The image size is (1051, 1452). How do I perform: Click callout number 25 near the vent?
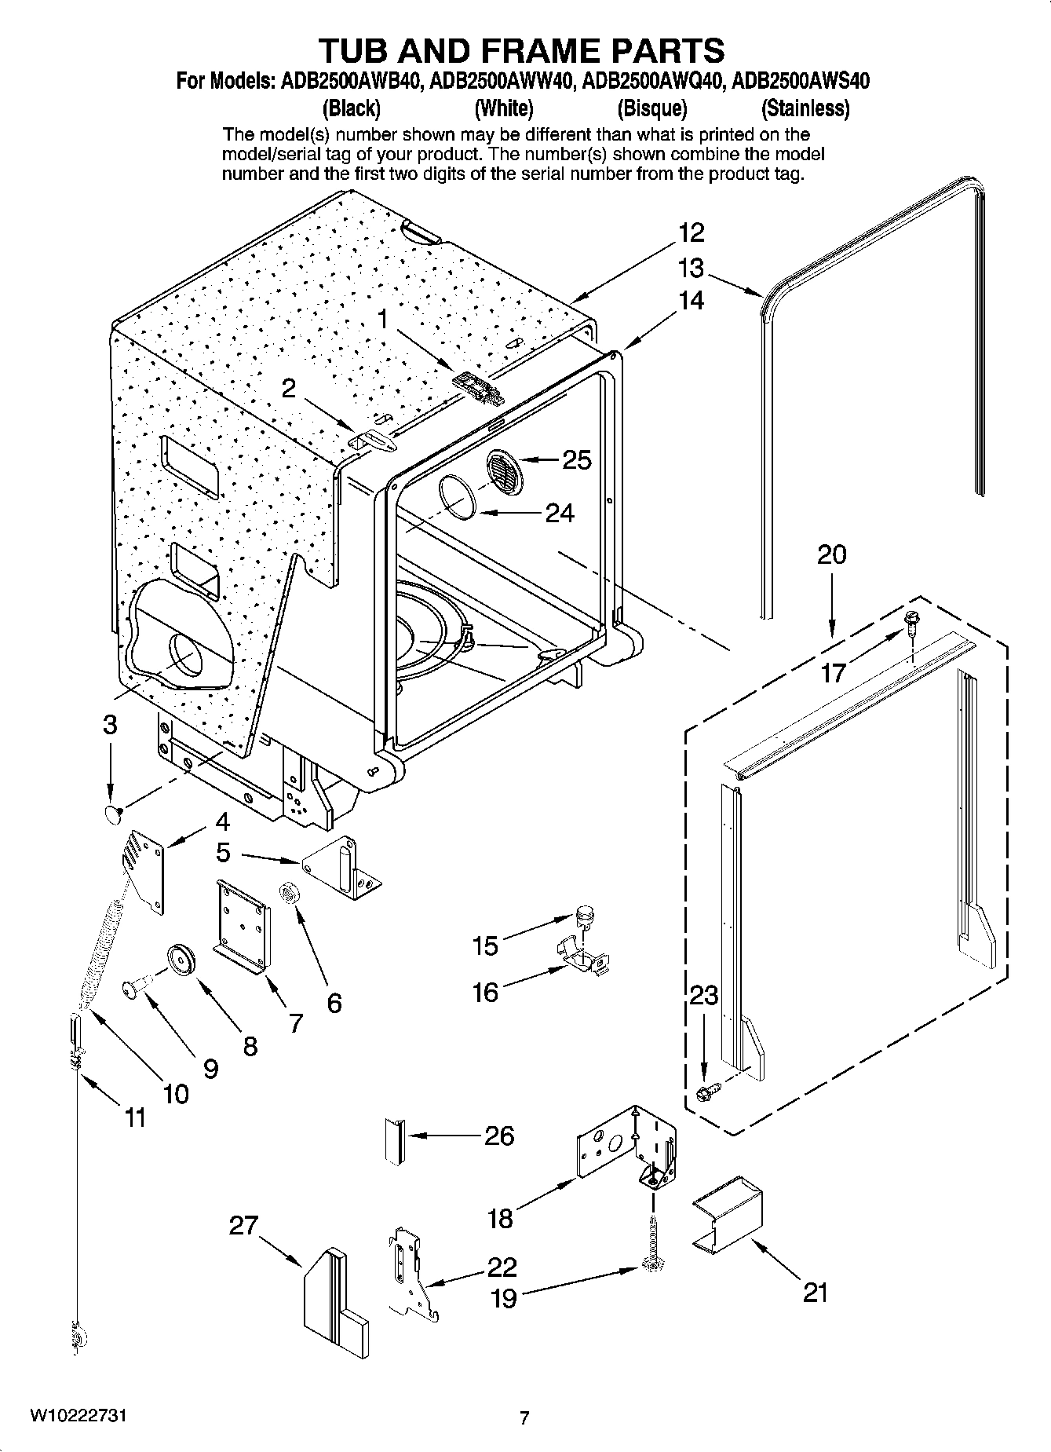click(x=577, y=460)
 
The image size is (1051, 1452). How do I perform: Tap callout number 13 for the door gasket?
click(x=691, y=269)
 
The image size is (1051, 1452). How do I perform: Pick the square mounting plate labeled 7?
click(x=243, y=926)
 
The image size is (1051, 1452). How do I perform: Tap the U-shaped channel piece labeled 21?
click(x=728, y=1212)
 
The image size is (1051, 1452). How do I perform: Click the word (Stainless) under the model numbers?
click(x=805, y=108)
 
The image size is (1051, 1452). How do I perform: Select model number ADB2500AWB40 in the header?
click(x=350, y=82)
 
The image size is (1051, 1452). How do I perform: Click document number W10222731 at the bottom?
click(x=78, y=1416)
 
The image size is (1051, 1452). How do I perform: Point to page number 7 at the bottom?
click(x=524, y=1418)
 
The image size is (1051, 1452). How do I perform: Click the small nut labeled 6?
click(x=288, y=893)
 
